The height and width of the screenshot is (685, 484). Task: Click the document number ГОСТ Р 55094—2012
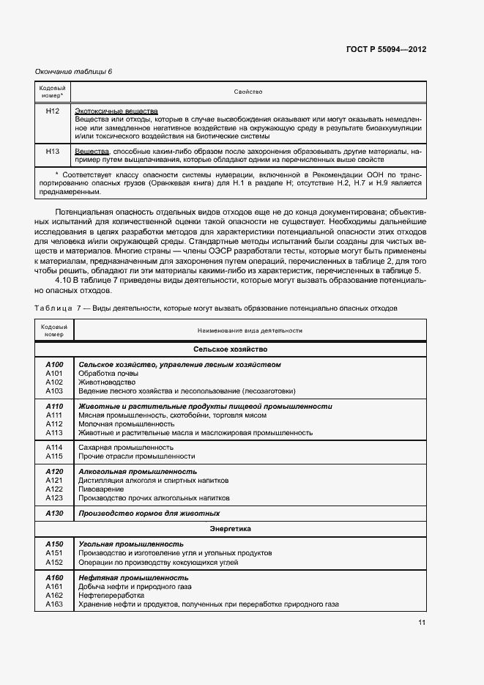[x=385, y=49]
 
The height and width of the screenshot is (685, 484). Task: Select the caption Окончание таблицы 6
[x=74, y=71]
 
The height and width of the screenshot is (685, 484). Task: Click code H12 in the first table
[x=53, y=111]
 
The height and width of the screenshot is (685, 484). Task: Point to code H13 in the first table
[x=53, y=151]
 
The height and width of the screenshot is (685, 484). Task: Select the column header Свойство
[x=248, y=92]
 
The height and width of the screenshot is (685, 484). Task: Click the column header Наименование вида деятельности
[x=248, y=331]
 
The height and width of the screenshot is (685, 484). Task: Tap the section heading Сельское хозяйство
[x=230, y=350]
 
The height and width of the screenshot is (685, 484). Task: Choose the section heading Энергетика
[x=230, y=527]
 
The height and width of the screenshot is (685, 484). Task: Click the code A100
[x=54, y=364]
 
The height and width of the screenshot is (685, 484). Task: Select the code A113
[x=54, y=432]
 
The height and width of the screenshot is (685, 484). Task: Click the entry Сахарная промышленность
[x=126, y=447]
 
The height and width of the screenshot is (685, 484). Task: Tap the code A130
[x=54, y=514]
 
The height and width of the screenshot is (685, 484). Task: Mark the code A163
[x=54, y=604]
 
